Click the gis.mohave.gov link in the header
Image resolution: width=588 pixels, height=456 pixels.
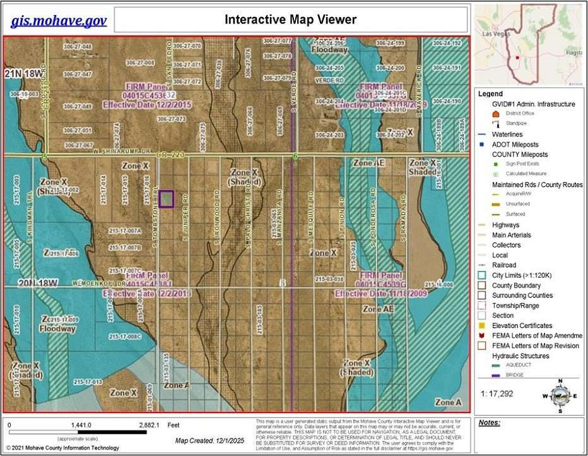(x=59, y=21)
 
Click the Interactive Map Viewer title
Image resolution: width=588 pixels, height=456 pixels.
(x=290, y=20)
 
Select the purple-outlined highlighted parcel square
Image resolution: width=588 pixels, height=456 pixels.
(x=166, y=198)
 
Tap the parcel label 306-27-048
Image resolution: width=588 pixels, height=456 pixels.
(x=78, y=47)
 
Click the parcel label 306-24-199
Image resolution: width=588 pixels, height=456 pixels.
(x=390, y=43)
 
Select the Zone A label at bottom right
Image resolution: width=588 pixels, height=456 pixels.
(x=449, y=402)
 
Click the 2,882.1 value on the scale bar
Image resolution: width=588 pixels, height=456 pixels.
(x=151, y=425)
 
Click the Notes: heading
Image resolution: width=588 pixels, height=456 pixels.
(x=490, y=423)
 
